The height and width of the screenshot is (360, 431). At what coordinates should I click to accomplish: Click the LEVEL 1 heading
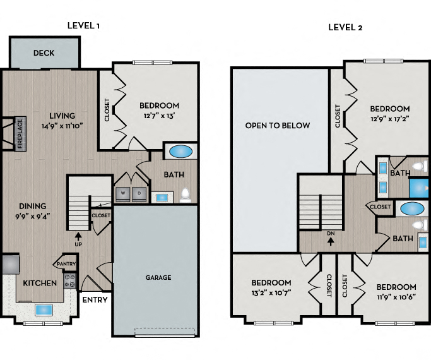(83, 26)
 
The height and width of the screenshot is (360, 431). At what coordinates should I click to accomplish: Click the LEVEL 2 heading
(345, 28)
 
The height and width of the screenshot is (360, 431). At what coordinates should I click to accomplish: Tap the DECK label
(43, 53)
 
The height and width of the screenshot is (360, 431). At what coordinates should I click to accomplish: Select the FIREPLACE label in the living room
(20, 133)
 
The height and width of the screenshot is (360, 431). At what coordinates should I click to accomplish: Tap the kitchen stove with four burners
(71, 280)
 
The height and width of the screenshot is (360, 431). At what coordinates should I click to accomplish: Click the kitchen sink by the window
(43, 310)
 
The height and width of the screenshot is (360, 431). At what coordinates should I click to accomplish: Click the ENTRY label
(95, 300)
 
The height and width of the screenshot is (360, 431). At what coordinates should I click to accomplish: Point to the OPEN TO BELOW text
(278, 126)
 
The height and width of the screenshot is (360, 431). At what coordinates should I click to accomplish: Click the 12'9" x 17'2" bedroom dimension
(389, 119)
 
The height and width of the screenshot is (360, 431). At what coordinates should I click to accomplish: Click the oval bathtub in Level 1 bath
(180, 152)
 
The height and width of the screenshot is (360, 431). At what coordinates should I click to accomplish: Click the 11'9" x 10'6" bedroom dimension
(396, 297)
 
